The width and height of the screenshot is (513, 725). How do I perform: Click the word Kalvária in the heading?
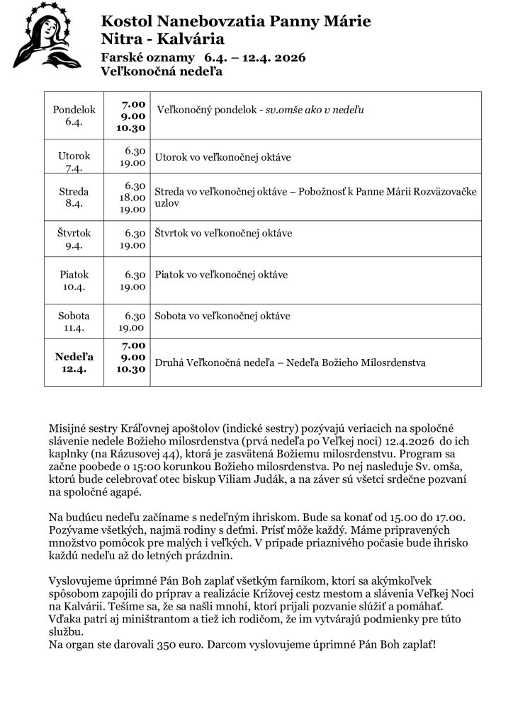pyautogui.click(x=194, y=38)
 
